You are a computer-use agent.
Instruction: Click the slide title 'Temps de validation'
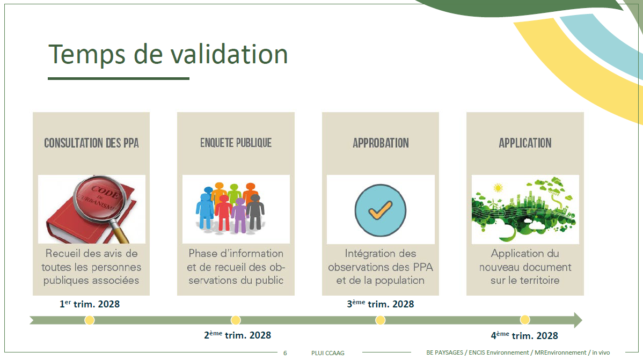point(168,54)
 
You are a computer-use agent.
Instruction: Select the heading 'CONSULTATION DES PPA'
point(91,143)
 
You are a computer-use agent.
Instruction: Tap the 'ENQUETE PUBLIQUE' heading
point(236,143)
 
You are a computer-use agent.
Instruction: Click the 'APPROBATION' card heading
point(381,143)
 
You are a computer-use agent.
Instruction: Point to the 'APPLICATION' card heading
point(525,143)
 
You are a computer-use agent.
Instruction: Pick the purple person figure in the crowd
point(239,215)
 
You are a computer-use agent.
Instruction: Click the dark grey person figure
point(255,211)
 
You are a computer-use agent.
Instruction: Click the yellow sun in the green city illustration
point(498,188)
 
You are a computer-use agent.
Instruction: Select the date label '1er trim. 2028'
point(90,304)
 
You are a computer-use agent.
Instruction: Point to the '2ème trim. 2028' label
point(237,335)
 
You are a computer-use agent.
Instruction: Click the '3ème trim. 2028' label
point(381,304)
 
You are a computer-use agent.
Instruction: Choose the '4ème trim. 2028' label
point(524,335)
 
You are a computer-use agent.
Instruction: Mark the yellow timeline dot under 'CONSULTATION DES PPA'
point(90,320)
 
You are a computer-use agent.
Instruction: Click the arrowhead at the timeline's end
point(578,320)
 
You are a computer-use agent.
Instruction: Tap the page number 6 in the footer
point(285,353)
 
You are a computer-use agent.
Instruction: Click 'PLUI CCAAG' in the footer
point(327,353)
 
